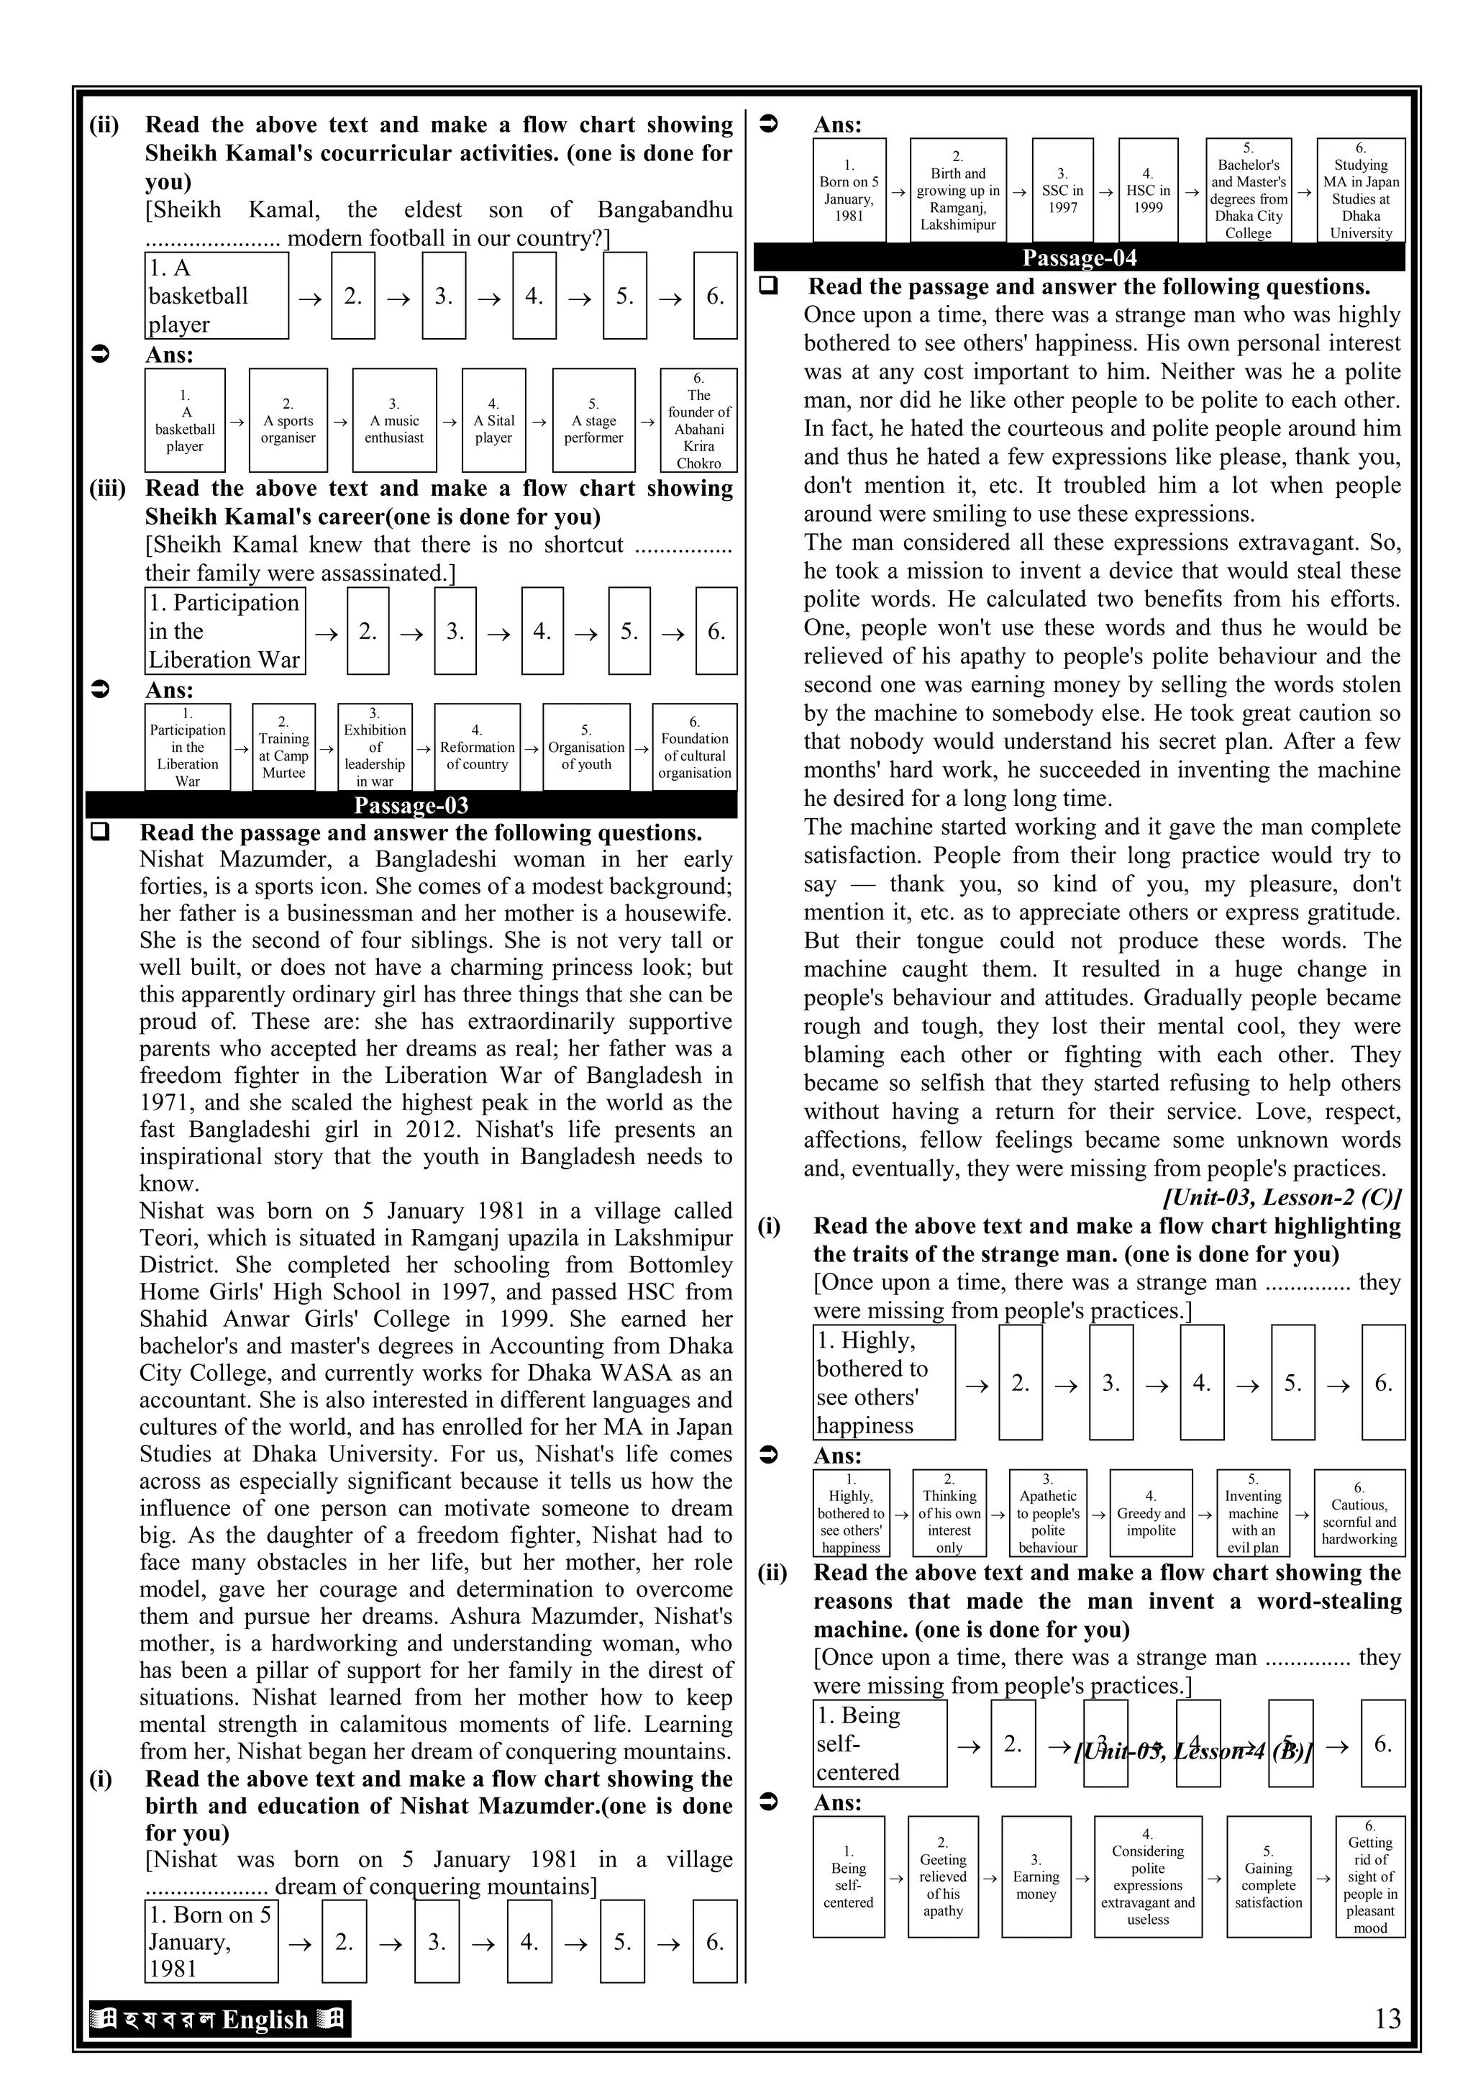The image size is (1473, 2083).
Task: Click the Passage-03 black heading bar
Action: pos(411,804)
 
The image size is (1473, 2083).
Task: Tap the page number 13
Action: pos(1387,2018)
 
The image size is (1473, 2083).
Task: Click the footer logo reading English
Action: pos(219,2018)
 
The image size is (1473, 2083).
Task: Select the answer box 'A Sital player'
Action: pos(493,420)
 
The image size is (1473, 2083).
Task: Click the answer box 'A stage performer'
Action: pos(593,420)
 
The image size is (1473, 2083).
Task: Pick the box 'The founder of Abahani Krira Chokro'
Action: pos(698,420)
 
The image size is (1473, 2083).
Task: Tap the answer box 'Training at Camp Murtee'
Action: pos(284,747)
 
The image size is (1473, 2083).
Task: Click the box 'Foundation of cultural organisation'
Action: pos(695,747)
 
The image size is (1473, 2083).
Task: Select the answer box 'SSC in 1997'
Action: pos(1062,191)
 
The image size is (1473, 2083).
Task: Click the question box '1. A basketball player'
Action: pos(216,296)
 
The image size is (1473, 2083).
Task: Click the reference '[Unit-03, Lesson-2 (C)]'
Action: pos(1282,1197)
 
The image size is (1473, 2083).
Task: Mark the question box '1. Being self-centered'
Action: pos(879,1743)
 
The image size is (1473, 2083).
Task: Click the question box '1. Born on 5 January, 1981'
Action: pos(211,1941)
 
